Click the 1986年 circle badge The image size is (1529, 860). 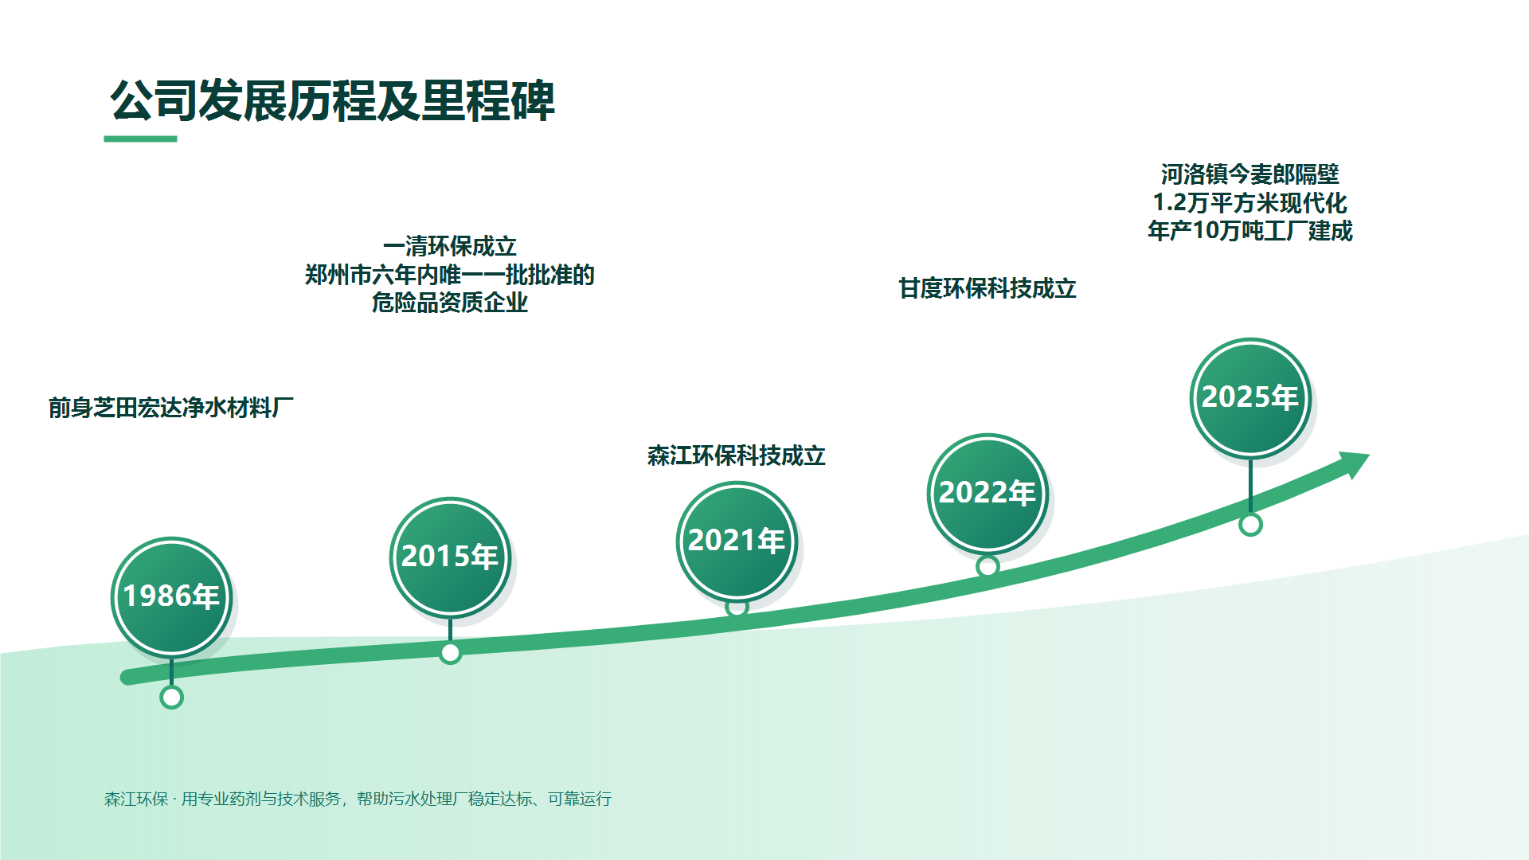point(171,597)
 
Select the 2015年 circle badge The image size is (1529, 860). point(450,557)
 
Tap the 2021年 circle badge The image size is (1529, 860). point(737,541)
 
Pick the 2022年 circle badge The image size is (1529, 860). point(987,494)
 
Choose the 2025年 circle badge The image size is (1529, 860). point(1250,398)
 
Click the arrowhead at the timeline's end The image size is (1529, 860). point(1353,464)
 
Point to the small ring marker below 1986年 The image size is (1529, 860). point(171,698)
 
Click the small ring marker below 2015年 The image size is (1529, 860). point(450,653)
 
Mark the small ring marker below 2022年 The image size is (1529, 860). point(987,566)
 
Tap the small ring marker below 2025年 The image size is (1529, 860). point(1250,525)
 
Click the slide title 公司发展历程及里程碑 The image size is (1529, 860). point(332,101)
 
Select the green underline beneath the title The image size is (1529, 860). point(140,139)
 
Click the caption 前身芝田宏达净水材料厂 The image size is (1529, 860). point(170,408)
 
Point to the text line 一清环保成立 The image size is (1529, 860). point(450,246)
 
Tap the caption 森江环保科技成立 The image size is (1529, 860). point(737,455)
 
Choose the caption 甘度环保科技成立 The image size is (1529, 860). point(987,288)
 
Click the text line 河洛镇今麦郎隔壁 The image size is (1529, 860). point(1250,174)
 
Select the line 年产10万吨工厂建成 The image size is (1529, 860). point(1250,231)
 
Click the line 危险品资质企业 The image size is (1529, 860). point(450,303)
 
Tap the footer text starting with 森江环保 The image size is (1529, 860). point(358,799)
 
